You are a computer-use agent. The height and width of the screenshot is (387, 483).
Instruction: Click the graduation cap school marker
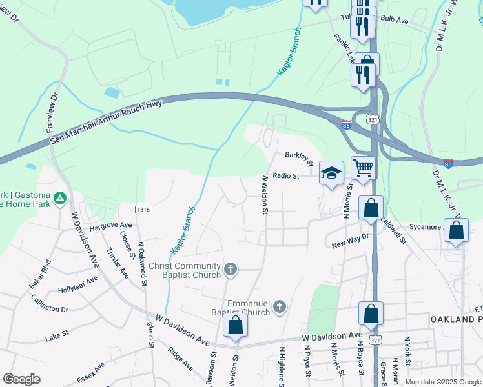[331, 174]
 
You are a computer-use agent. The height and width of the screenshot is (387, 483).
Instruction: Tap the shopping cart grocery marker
[364, 168]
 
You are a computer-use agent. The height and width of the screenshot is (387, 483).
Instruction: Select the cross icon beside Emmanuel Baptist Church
[279, 307]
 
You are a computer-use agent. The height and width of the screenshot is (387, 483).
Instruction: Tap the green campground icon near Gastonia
[59, 199]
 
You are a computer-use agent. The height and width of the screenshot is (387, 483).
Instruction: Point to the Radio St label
[286, 175]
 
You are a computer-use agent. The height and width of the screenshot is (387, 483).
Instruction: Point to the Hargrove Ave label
[110, 226]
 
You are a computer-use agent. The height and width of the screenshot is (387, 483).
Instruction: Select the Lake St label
[57, 336]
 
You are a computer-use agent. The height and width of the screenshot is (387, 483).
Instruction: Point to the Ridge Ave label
[180, 359]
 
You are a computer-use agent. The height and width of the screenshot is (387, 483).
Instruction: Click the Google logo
[22, 379]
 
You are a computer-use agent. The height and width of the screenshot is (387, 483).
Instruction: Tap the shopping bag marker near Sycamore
[457, 232]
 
